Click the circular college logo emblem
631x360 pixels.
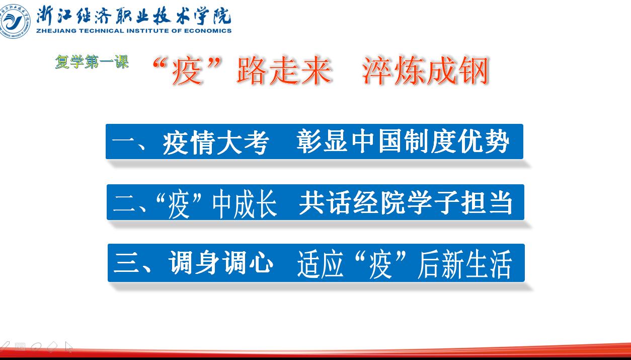(15, 21)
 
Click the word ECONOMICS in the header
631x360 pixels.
(208, 31)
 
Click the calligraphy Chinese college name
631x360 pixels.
(134, 16)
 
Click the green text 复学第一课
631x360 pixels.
(92, 62)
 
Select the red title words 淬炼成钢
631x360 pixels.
(425, 70)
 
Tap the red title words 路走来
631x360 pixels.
(284, 70)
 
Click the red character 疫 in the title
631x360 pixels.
(187, 70)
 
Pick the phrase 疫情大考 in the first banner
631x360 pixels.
(216, 142)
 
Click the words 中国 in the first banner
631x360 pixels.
(377, 141)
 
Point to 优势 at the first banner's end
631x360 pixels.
(484, 141)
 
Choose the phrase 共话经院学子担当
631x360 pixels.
(406, 202)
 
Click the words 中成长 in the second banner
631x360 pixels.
(245, 203)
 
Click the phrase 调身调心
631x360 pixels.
(221, 263)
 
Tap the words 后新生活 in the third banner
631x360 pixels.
(465, 264)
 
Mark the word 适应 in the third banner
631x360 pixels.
(321, 264)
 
